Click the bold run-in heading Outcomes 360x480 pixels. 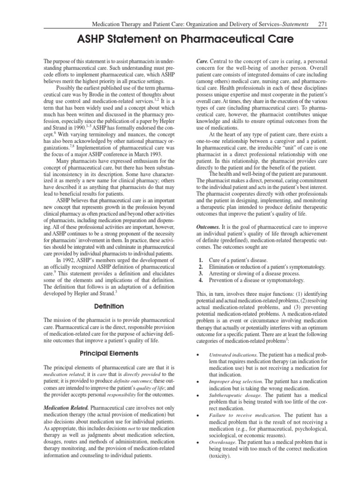[x=209, y=226]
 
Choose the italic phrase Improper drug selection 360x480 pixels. [x=235, y=382]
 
